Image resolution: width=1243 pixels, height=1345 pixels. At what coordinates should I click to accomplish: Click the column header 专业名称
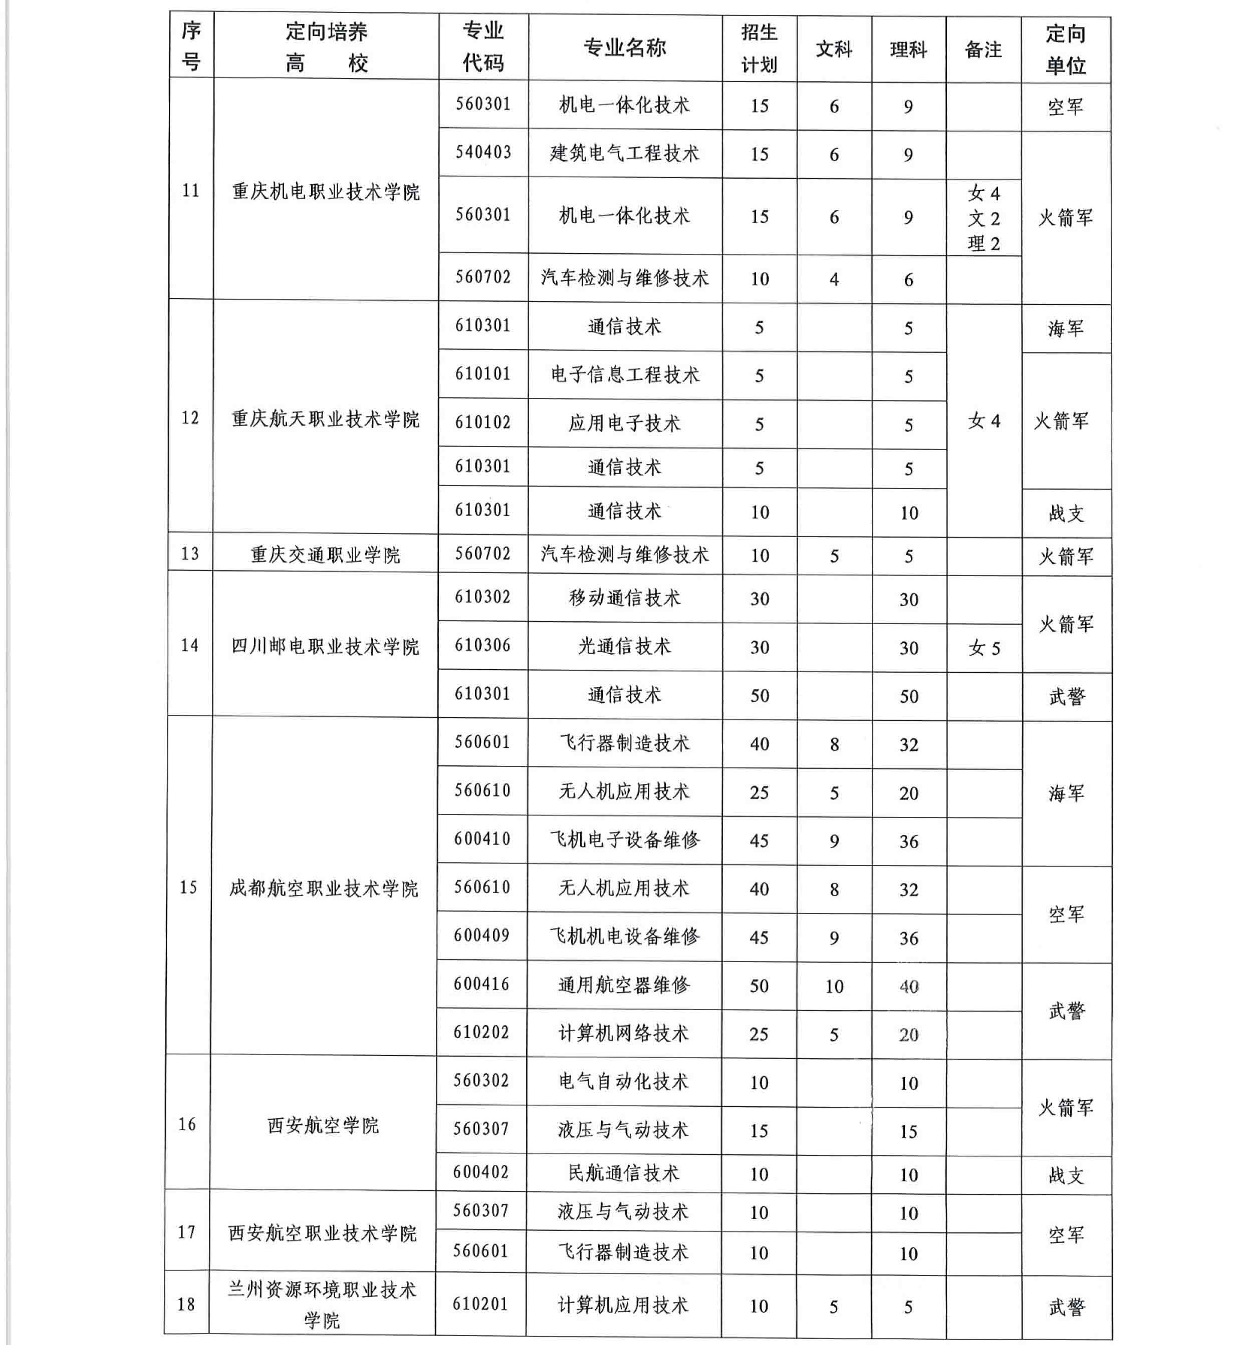tap(624, 48)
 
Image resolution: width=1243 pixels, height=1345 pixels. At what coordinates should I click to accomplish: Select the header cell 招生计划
tap(760, 49)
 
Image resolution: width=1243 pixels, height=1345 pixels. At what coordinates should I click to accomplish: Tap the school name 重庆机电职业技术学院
tap(326, 192)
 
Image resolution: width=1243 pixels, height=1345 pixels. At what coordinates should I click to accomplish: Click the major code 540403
tap(483, 153)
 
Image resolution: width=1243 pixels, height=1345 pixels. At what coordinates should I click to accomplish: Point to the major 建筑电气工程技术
tap(624, 153)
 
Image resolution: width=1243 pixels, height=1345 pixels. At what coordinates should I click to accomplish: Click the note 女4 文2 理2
tap(983, 218)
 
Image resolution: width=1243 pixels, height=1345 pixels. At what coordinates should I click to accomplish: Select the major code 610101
tap(483, 374)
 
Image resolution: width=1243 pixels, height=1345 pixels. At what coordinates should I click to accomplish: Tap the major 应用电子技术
tap(624, 423)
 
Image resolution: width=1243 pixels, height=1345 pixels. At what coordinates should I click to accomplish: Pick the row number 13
tap(190, 553)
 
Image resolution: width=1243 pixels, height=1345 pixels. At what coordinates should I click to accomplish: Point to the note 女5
tap(984, 648)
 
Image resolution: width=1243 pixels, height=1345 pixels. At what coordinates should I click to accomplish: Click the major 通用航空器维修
tap(624, 985)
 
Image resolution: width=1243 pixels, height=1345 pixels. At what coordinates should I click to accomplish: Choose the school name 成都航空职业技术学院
tap(324, 888)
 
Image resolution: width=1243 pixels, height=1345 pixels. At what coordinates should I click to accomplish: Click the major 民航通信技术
tap(624, 1173)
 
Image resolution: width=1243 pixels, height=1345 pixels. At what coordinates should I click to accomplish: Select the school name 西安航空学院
tap(323, 1125)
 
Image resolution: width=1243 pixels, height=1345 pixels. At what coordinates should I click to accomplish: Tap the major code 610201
tap(481, 1304)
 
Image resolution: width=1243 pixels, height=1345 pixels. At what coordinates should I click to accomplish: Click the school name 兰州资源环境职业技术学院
tap(322, 1304)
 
